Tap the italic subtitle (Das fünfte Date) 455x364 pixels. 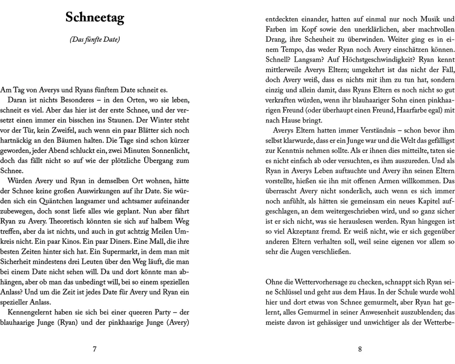pyautogui.click(x=95, y=40)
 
